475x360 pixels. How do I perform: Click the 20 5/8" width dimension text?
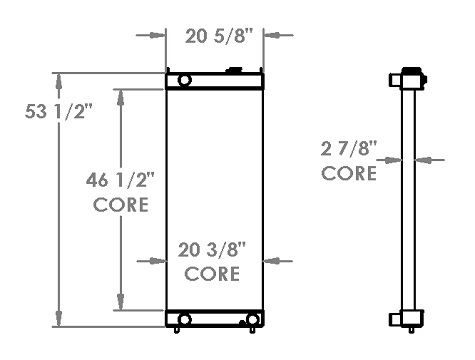tap(219, 36)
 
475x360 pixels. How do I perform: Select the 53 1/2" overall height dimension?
tap(58, 111)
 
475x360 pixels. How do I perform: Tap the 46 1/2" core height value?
tap(120, 180)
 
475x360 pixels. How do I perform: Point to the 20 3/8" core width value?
tap(212, 250)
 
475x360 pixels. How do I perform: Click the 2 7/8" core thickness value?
tap(349, 148)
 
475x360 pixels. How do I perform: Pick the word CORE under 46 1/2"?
tap(121, 204)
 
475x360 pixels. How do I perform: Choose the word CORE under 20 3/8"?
tap(212, 274)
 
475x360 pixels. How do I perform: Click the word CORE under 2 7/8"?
tap(349, 173)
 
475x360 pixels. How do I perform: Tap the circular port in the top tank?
tap(184, 80)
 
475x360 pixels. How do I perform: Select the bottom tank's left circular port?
tap(184, 319)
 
